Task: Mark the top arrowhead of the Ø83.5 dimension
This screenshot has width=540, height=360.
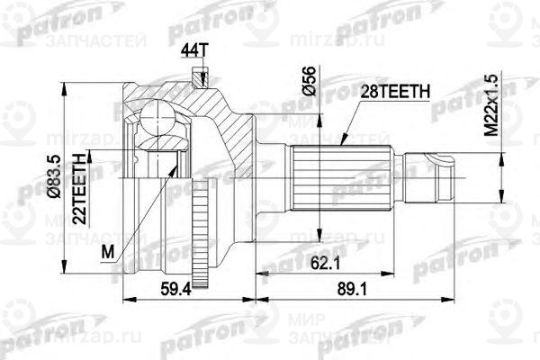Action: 65,84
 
